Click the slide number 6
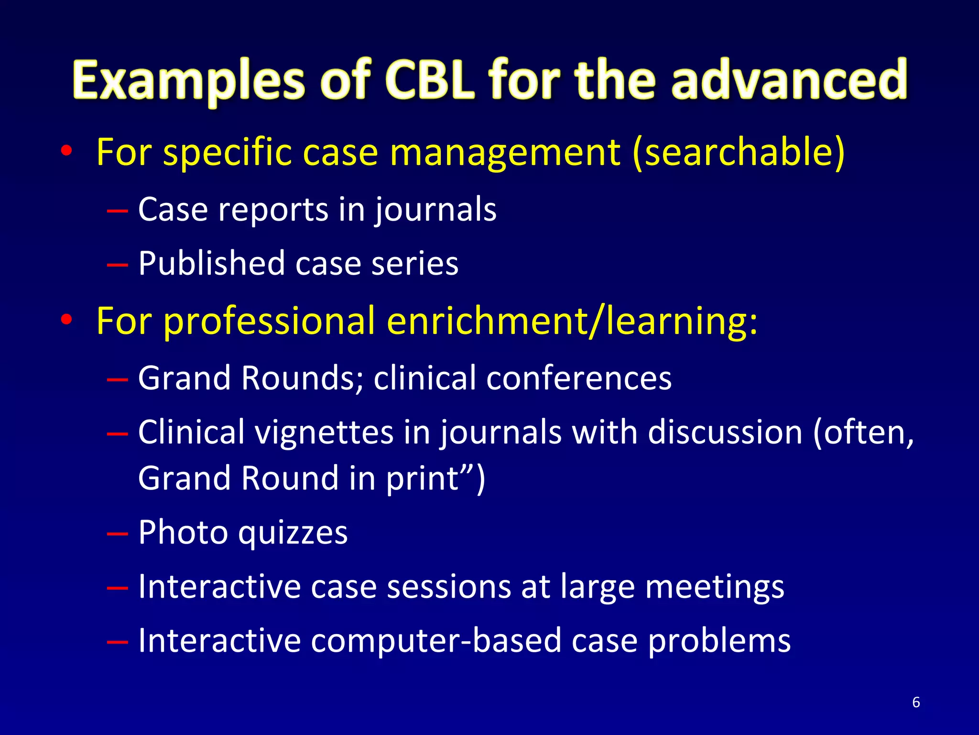point(916,702)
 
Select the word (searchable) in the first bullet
point(739,152)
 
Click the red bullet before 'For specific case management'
point(66,152)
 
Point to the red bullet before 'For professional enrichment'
point(66,320)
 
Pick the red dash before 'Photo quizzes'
point(118,534)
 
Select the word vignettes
point(323,432)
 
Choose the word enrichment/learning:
point(572,321)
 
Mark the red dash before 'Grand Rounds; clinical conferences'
point(118,379)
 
